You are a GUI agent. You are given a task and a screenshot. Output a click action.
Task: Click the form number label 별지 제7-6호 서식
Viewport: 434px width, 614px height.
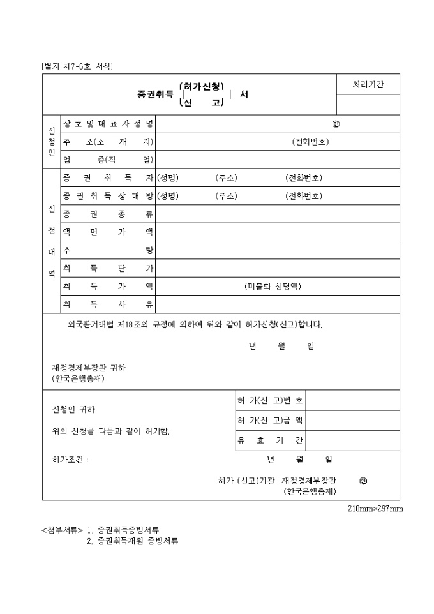77,66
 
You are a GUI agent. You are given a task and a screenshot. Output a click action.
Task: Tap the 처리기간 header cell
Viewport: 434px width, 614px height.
368,84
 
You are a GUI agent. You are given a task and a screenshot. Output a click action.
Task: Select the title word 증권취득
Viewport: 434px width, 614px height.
155,94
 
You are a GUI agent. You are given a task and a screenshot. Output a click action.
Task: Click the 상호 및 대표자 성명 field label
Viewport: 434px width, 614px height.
108,123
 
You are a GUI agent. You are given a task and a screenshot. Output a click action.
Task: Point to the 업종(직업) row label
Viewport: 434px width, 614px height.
108,160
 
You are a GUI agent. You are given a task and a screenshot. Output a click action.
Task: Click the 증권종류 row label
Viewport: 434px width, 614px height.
108,214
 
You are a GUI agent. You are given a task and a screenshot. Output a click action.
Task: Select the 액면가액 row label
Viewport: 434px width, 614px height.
108,232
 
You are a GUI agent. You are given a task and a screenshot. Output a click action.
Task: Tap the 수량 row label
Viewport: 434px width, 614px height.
108,250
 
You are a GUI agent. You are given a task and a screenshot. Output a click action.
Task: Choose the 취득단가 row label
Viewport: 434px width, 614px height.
108,268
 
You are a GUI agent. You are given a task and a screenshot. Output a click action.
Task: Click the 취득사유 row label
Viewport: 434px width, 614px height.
108,304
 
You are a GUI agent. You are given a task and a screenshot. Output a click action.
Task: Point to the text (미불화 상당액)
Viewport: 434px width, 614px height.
273,286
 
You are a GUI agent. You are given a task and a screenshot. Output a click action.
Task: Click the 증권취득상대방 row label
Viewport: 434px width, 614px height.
108,196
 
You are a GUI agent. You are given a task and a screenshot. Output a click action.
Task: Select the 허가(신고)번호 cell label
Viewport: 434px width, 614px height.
270,401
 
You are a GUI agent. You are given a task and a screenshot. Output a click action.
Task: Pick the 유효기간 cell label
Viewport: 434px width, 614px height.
270,440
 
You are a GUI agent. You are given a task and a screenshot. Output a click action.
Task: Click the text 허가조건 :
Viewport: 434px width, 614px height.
70,460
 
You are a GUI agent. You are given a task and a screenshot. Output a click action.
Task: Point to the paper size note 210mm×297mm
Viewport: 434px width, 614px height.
375,509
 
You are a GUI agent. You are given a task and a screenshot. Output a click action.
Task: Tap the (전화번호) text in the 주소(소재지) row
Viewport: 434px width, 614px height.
310,142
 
